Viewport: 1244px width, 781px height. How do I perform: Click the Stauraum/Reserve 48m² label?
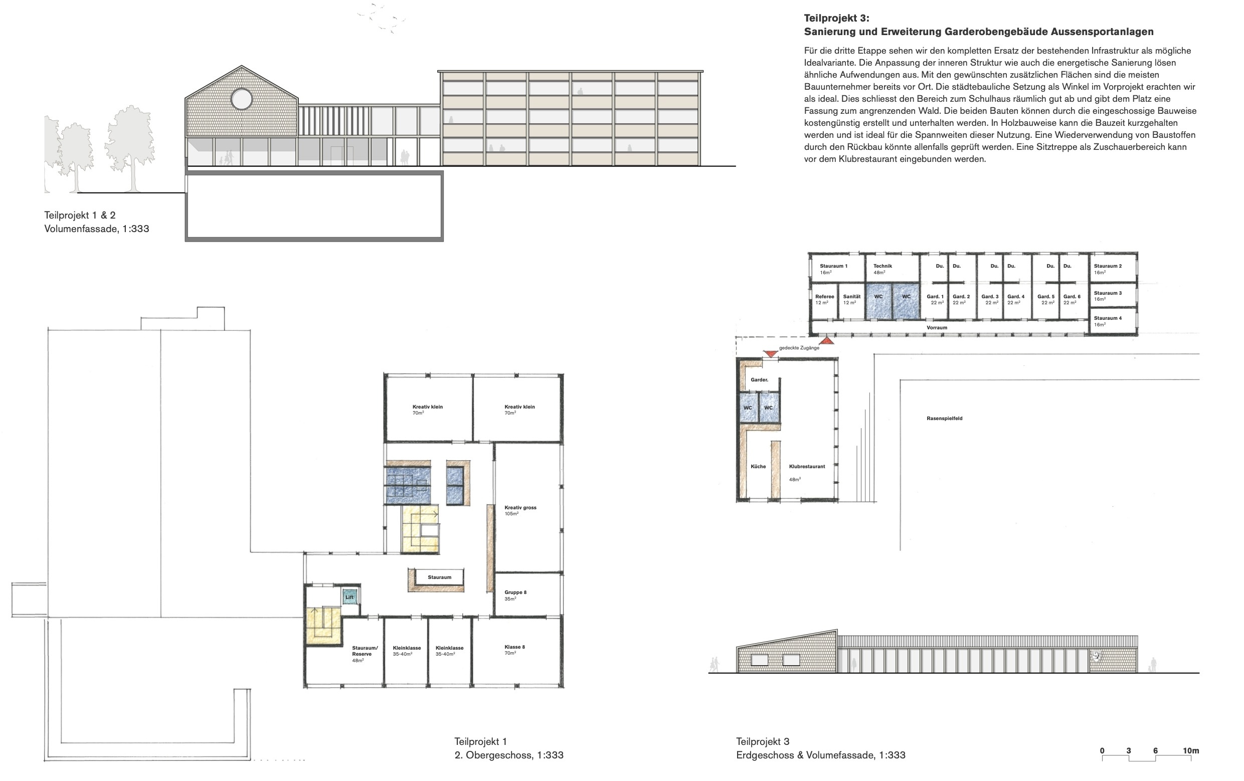(x=365, y=654)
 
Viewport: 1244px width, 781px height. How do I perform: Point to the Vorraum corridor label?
(x=937, y=327)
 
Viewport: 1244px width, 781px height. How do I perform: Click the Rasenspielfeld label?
(x=944, y=419)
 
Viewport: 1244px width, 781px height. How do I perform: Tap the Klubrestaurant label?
(x=807, y=466)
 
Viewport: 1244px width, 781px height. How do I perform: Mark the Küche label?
(x=758, y=466)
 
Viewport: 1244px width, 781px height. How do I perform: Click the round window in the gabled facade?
(x=241, y=99)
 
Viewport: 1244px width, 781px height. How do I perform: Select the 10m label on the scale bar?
(x=1191, y=750)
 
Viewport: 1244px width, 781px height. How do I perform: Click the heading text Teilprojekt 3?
(x=837, y=19)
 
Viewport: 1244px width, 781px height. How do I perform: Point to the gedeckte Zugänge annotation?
(x=799, y=347)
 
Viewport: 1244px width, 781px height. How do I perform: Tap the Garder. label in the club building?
(x=760, y=379)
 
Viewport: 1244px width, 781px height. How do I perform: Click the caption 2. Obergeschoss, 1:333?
(x=509, y=754)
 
